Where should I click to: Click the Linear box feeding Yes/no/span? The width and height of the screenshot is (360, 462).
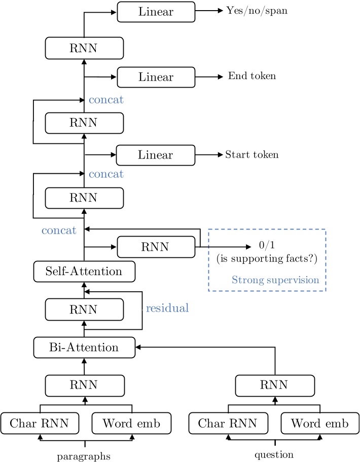(156, 12)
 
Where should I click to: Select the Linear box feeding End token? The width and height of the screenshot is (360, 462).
(156, 77)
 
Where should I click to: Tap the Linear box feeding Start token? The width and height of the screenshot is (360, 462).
(155, 155)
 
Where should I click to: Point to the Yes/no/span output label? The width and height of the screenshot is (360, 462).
(257, 11)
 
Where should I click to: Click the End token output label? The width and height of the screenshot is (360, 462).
(252, 76)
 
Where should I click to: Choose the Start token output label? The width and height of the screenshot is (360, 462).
(251, 155)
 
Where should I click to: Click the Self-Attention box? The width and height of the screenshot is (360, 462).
(85, 272)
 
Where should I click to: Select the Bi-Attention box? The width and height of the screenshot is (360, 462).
(85, 348)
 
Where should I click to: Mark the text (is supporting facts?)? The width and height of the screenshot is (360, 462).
(267, 260)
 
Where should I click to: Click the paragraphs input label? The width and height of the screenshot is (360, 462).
(84, 456)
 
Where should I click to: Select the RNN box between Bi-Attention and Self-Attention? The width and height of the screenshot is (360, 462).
(85, 309)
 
